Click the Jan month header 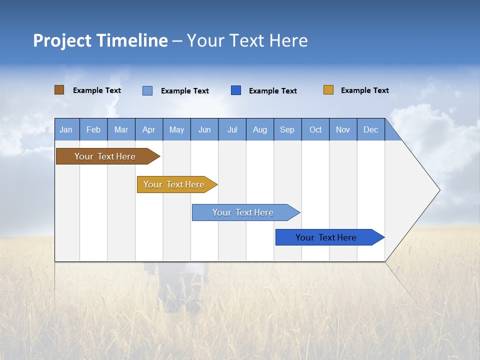coord(66,129)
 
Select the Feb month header coord(93,129)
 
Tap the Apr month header coord(148,129)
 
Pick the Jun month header coord(204,129)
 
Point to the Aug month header coord(259,129)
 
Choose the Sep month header coord(287,129)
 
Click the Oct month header coord(315,129)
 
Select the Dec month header coord(370,129)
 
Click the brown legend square coord(59,90)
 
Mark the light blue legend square coord(147,90)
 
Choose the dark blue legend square coord(236,90)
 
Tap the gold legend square coord(328,90)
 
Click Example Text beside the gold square coord(364,90)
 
